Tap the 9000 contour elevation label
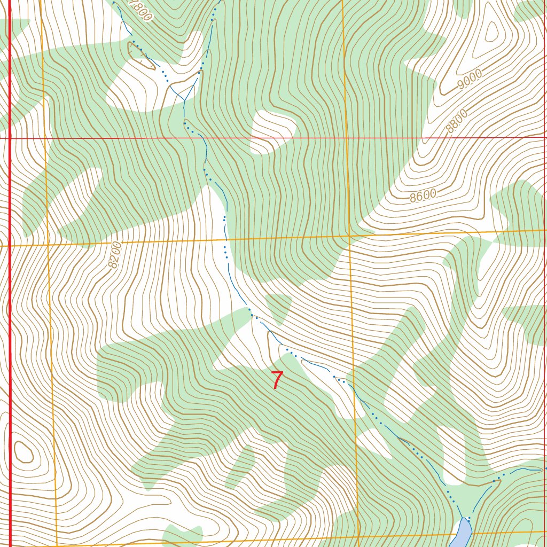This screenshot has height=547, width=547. (x=470, y=80)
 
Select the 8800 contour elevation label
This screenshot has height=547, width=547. (x=457, y=121)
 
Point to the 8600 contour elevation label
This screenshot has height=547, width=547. (x=423, y=196)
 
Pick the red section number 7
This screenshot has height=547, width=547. (x=277, y=380)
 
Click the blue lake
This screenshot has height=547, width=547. (x=462, y=532)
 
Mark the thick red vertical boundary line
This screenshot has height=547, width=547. (x=10, y=321)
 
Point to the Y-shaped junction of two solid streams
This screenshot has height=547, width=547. (x=184, y=100)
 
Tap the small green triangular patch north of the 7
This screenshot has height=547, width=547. (x=279, y=307)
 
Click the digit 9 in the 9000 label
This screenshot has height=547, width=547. (x=462, y=84)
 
